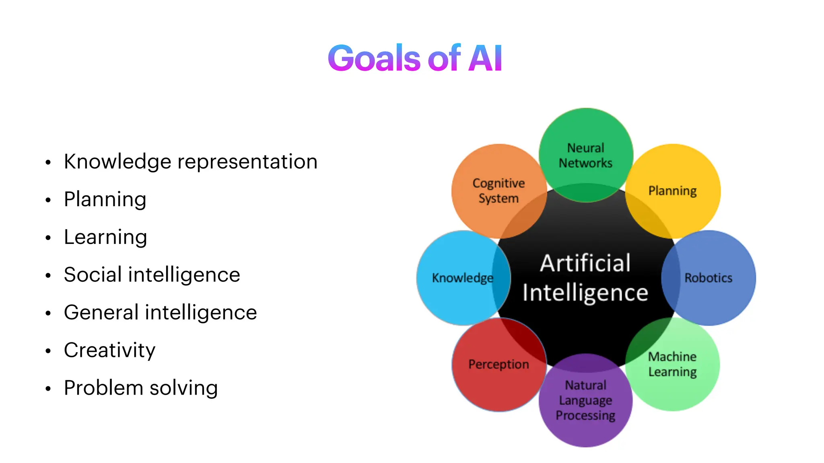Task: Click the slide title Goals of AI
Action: click(415, 59)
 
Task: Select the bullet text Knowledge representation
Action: click(191, 162)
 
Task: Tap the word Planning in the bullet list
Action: click(105, 200)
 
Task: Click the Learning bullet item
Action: click(105, 237)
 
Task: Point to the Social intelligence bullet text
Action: click(152, 275)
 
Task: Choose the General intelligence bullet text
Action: click(160, 313)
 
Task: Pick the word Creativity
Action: click(109, 350)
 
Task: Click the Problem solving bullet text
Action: click(141, 388)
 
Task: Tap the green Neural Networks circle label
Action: click(585, 156)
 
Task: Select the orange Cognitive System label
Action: click(499, 191)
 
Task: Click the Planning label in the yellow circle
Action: click(672, 191)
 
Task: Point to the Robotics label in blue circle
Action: click(708, 278)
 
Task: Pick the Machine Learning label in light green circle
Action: click(672, 364)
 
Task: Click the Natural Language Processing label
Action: click(585, 400)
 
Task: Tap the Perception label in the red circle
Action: click(499, 364)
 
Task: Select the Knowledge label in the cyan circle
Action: click(462, 278)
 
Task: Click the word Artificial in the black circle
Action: click(585, 264)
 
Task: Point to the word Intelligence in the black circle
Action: click(585, 293)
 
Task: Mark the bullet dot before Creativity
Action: click(48, 351)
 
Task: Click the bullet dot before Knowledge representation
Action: click(48, 163)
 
